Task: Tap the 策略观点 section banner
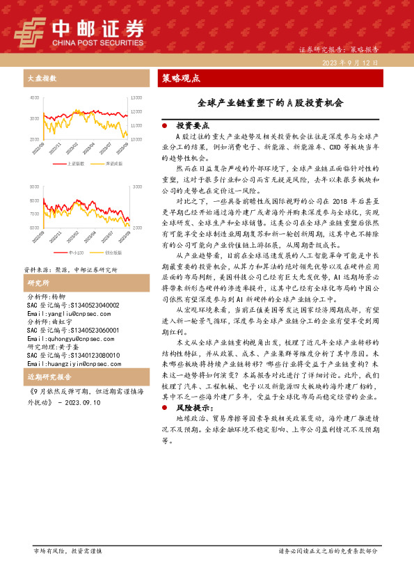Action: coord(181,78)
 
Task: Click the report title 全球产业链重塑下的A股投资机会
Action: coord(271,102)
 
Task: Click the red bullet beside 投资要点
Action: coord(164,127)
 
